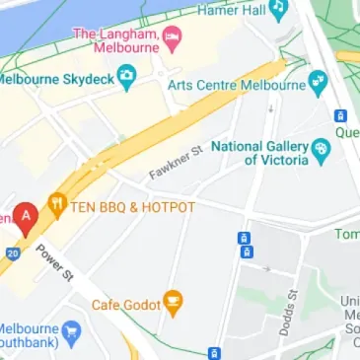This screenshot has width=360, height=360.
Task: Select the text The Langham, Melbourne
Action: point(116,40)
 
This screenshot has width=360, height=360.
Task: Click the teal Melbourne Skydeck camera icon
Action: point(125,76)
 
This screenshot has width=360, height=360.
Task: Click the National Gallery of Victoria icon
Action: point(321,151)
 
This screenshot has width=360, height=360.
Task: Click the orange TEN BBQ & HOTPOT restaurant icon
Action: point(56,207)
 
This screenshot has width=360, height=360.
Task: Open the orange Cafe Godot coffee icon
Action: point(174,302)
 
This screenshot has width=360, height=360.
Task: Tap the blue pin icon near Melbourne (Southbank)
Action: point(70,331)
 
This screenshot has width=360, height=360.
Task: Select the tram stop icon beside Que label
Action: point(341,116)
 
